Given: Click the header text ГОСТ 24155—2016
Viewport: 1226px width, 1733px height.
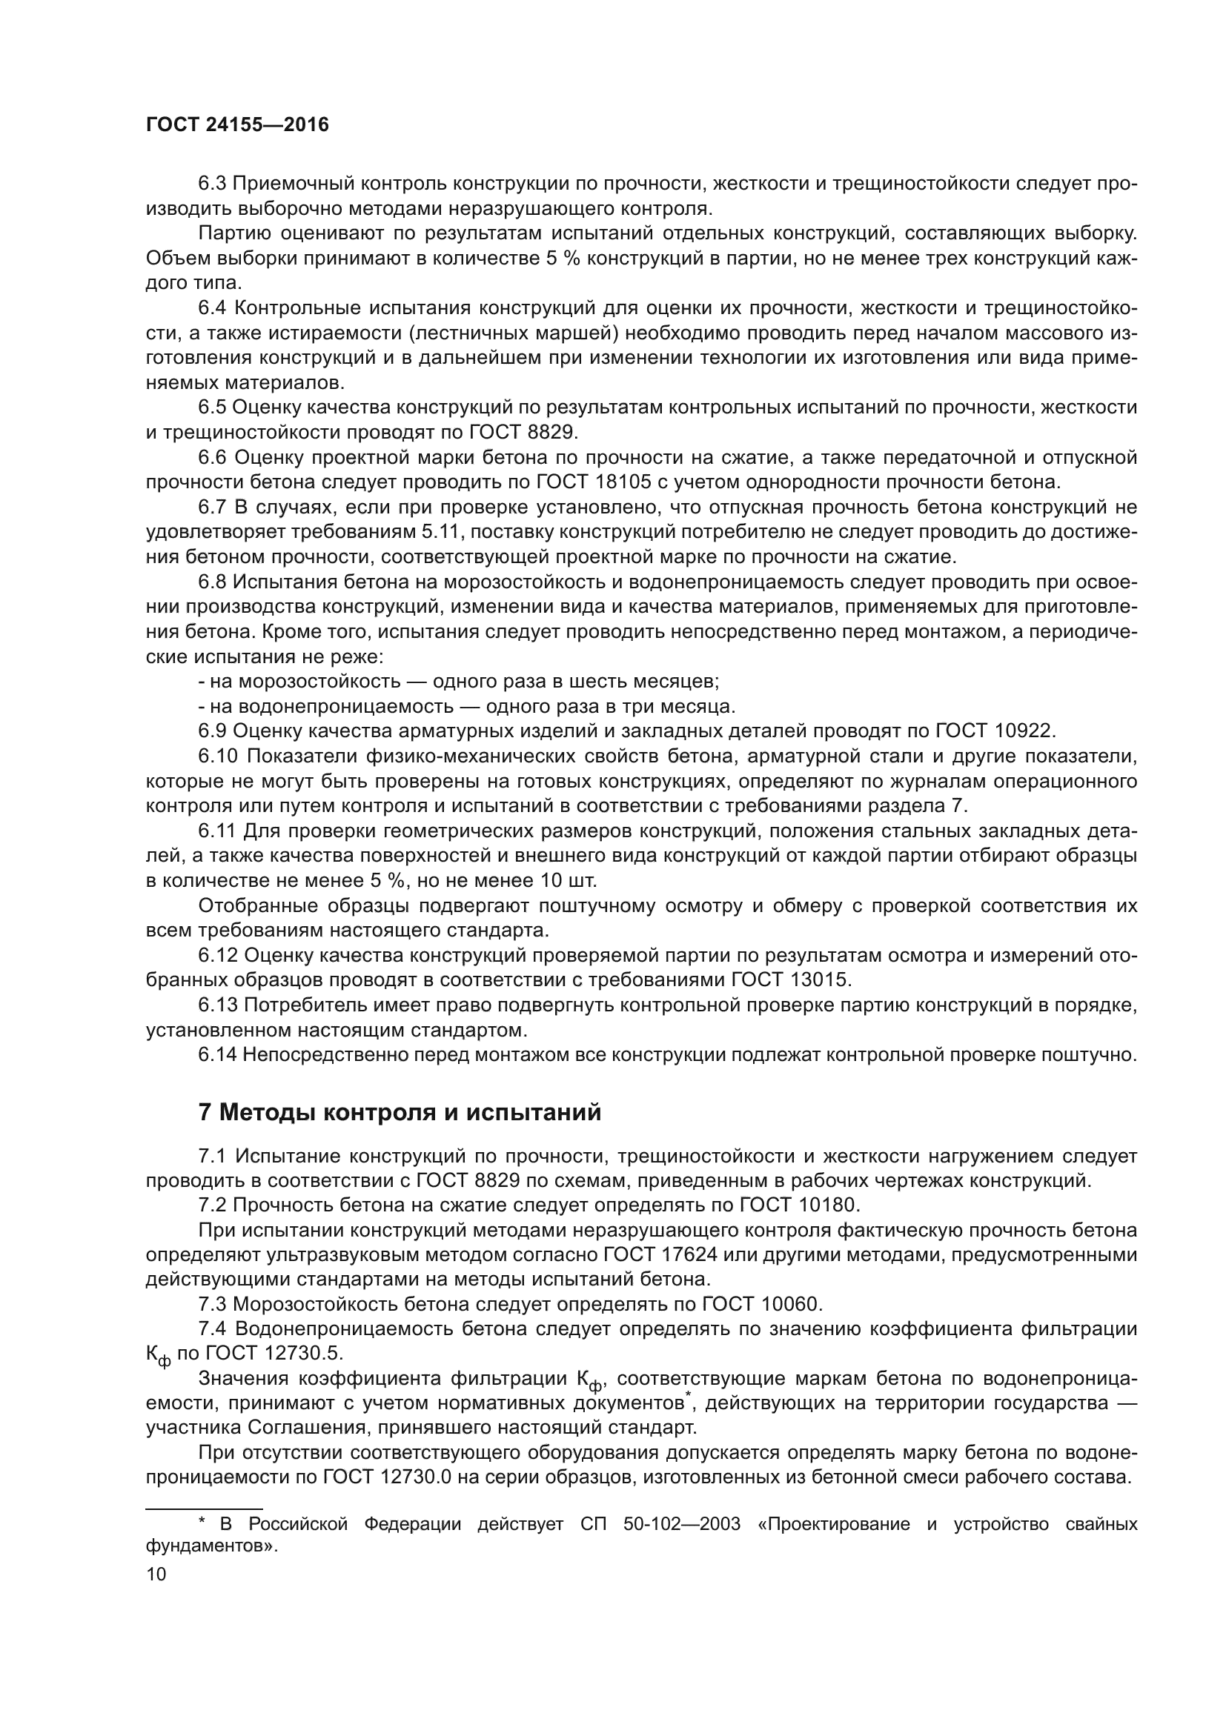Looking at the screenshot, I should tap(237, 125).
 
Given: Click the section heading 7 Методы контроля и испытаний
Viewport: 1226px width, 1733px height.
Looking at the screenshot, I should tap(400, 1112).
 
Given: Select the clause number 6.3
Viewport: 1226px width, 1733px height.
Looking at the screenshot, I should tap(212, 184).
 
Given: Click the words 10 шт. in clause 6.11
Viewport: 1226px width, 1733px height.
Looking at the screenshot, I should tap(569, 880).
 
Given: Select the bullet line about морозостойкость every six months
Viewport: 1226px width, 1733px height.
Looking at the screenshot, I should tap(458, 681).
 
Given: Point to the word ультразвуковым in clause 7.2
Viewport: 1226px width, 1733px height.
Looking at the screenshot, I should tap(339, 1254).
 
